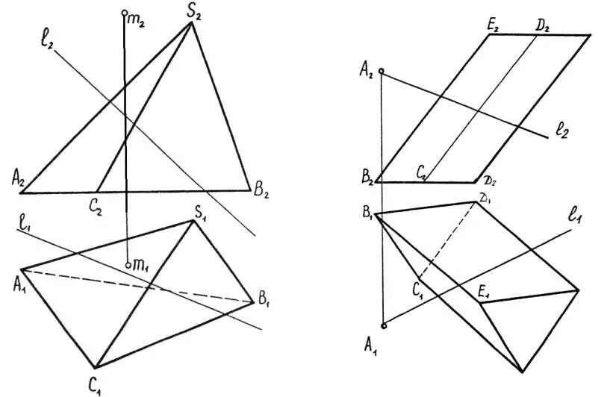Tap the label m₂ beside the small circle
137,21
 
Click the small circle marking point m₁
128,265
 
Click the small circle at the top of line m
124,13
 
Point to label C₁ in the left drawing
93,385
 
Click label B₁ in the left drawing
264,301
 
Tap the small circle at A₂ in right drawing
382,72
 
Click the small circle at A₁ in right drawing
384,325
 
